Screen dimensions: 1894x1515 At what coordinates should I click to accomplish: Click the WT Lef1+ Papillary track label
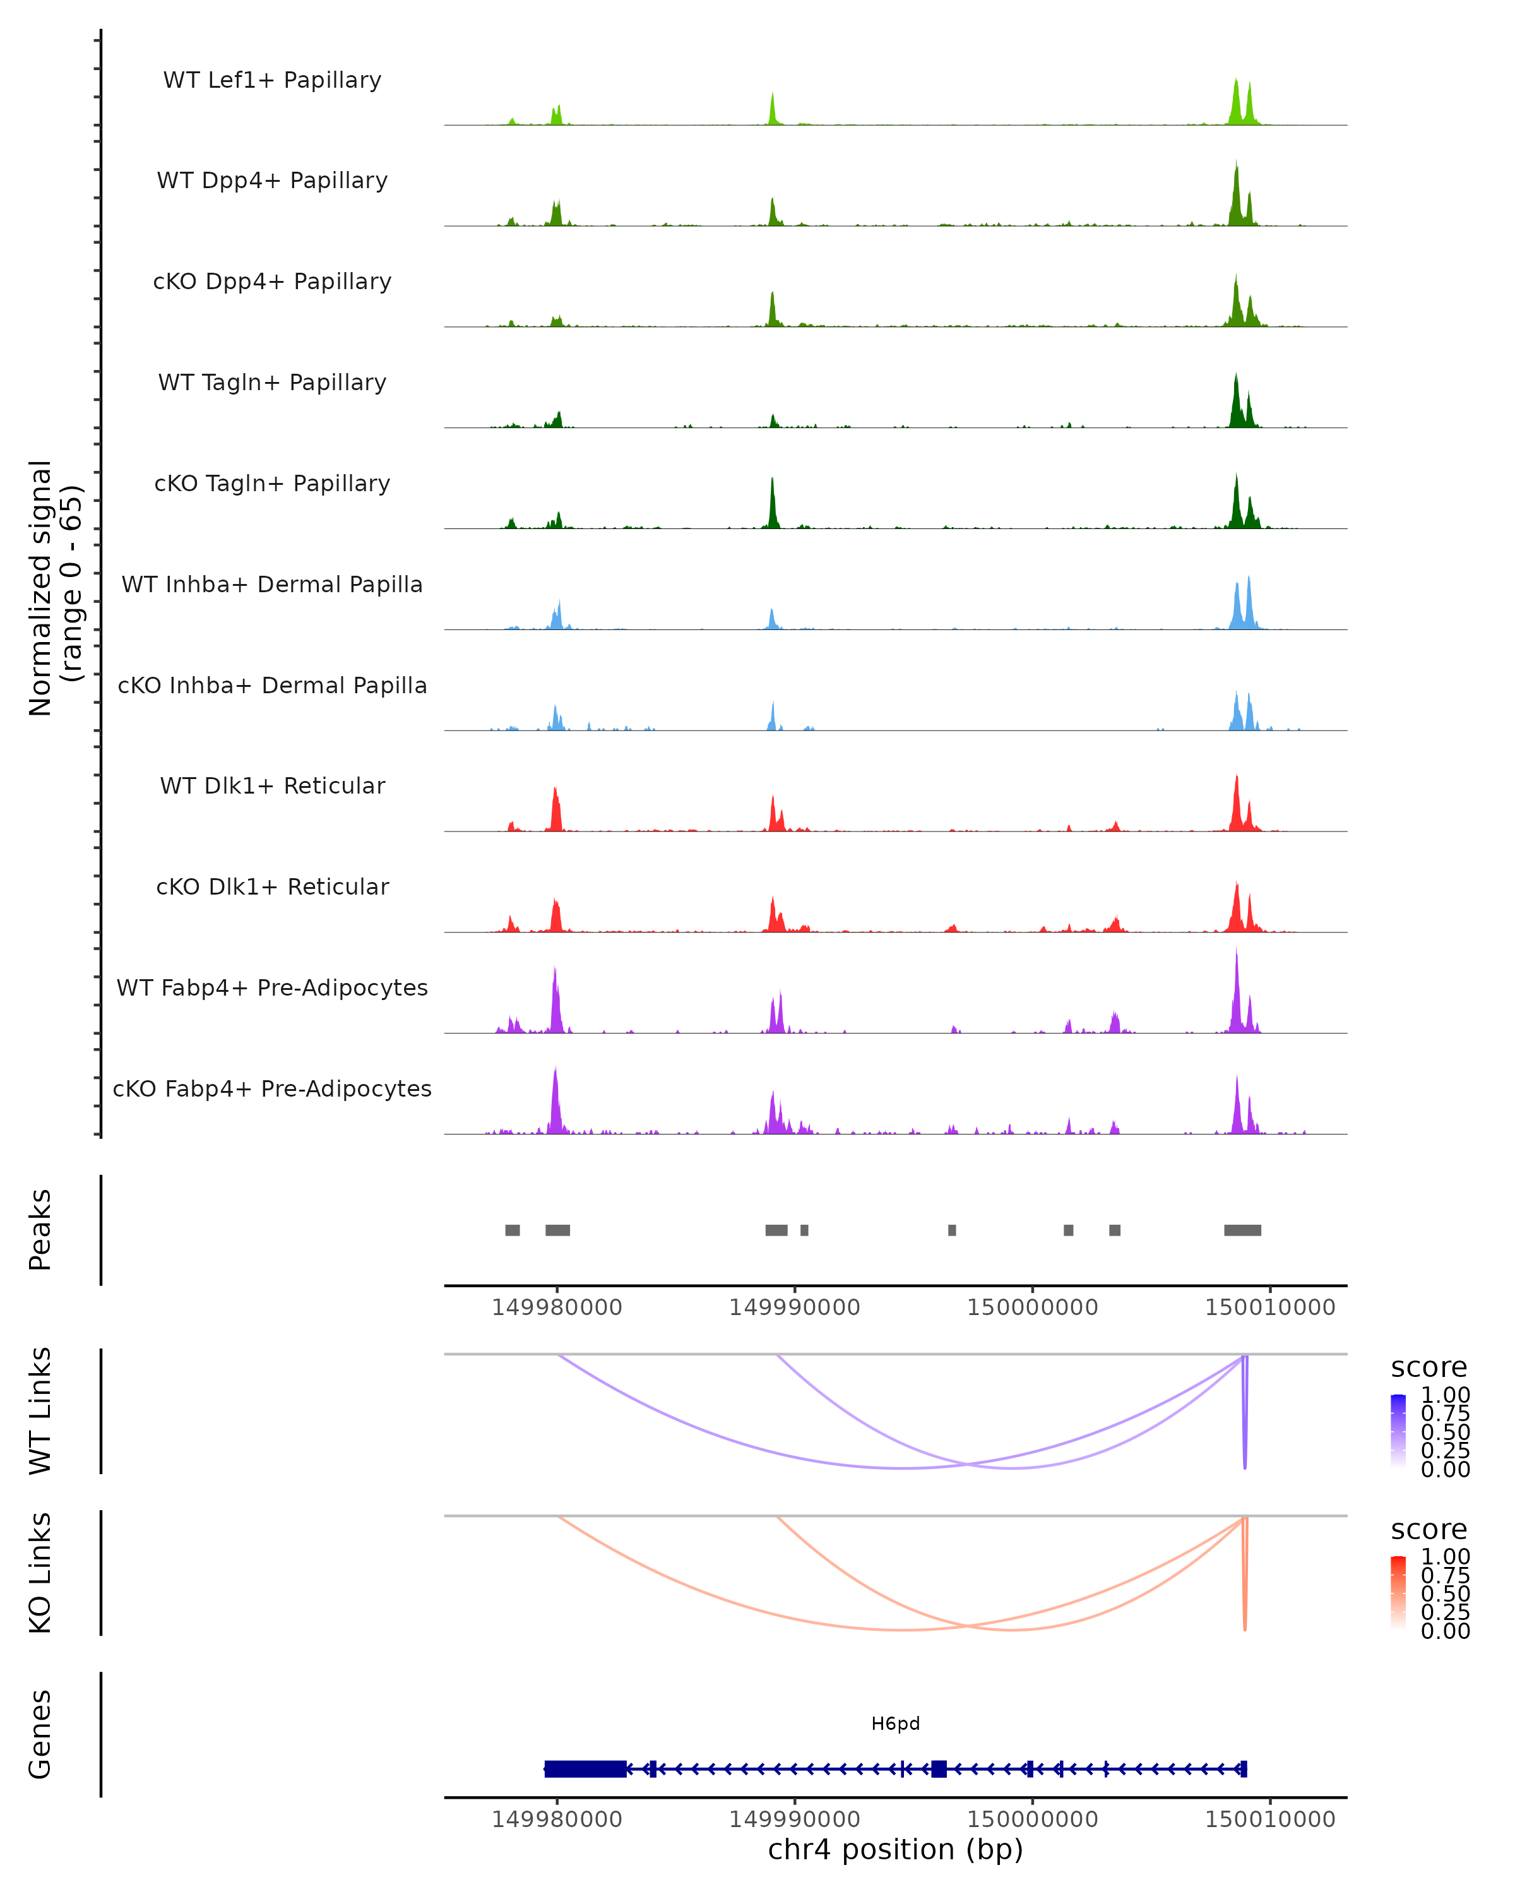tap(272, 80)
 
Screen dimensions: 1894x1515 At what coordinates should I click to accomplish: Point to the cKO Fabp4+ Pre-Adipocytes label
tap(272, 1088)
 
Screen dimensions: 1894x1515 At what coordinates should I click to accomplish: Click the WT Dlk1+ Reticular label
tap(272, 785)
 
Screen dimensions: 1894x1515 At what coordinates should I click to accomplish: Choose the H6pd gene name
tap(895, 1724)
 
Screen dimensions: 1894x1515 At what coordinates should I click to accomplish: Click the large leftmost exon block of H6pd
tap(585, 1768)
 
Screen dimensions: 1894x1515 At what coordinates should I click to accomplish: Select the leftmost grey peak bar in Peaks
tap(512, 1230)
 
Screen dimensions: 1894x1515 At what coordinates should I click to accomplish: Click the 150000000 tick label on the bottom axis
tap(1032, 1818)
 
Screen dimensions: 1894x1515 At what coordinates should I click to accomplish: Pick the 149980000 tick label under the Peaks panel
tap(557, 1307)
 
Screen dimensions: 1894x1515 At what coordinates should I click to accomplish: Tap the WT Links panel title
tap(40, 1411)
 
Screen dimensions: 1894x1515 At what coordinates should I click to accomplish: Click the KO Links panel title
tap(40, 1573)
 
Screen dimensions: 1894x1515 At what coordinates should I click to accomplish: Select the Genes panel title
tap(40, 1734)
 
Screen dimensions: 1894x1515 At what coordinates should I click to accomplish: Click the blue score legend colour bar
tap(1398, 1430)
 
